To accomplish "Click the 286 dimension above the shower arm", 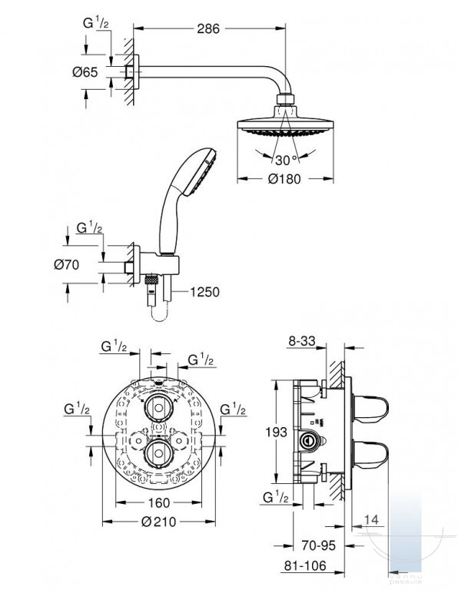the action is pyautogui.click(x=208, y=28).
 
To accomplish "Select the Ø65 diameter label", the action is pyautogui.click(x=85, y=72).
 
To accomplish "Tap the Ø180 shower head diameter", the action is pyautogui.click(x=284, y=179).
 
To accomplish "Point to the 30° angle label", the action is pyautogui.click(x=286, y=161).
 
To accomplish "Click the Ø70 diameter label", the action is pyautogui.click(x=67, y=264).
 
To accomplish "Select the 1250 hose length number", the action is pyautogui.click(x=204, y=292).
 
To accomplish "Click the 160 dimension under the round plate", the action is pyautogui.click(x=159, y=502).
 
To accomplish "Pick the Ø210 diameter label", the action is pyautogui.click(x=158, y=522).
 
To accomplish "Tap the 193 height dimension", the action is pyautogui.click(x=276, y=432).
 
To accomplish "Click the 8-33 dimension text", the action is pyautogui.click(x=301, y=341).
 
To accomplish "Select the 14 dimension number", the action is pyautogui.click(x=371, y=519).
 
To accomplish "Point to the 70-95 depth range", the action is pyautogui.click(x=318, y=545).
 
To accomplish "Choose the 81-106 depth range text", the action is pyautogui.click(x=305, y=565).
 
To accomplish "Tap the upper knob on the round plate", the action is pyautogui.click(x=159, y=408).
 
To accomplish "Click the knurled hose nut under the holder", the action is pyautogui.click(x=151, y=280).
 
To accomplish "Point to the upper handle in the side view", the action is pyautogui.click(x=370, y=409).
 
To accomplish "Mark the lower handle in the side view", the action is pyautogui.click(x=370, y=453).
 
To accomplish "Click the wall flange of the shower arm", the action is pyautogui.click(x=136, y=72).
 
